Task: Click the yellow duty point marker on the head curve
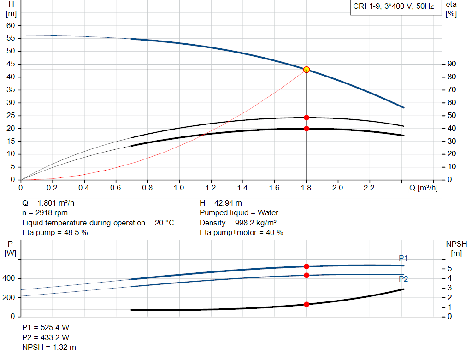307,70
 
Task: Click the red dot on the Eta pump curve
307,118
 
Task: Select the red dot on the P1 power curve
307,266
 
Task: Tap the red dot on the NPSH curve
307,304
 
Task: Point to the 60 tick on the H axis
11,25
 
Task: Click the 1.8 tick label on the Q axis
306,188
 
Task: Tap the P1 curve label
403,258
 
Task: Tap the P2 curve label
403,278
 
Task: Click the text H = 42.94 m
221,203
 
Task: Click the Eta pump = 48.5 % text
55,233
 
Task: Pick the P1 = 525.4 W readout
46,327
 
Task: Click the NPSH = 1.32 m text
49,347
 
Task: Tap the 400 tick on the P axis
10,278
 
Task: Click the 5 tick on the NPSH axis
450,268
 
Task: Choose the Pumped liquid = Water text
239,213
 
